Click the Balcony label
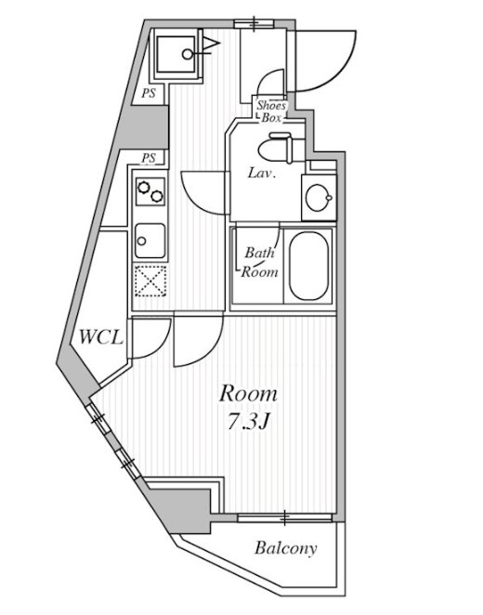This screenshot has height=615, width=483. click(x=285, y=549)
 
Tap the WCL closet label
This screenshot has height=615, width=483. click(x=101, y=337)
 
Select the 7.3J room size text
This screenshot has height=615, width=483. click(x=248, y=422)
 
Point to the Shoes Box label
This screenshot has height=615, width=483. click(x=271, y=111)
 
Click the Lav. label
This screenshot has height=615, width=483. click(x=262, y=173)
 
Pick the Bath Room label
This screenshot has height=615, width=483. click(x=259, y=262)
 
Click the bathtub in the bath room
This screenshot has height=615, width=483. click(x=309, y=266)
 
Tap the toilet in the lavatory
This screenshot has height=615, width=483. click(x=276, y=148)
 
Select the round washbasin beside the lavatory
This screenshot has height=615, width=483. click(x=319, y=198)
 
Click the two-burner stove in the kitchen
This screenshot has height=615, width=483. click(x=150, y=191)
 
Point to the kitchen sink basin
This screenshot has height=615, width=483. click(x=150, y=241)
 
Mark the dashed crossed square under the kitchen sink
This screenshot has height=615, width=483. click(x=150, y=281)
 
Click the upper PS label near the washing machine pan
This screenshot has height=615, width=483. click(x=149, y=93)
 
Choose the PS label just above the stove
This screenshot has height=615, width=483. click(x=149, y=159)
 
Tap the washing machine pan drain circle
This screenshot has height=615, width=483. click(x=188, y=54)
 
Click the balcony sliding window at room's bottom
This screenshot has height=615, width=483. click(x=285, y=517)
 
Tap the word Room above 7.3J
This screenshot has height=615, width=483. click(x=248, y=394)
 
